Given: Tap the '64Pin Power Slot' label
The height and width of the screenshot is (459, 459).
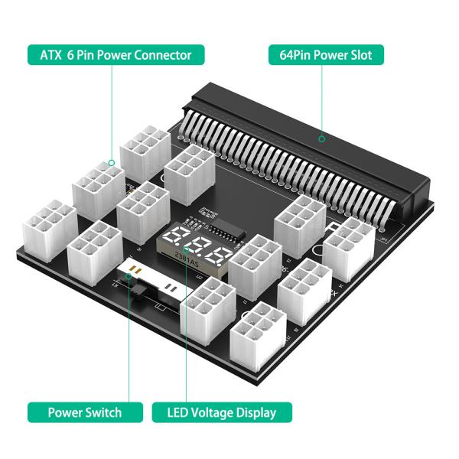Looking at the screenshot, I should click(x=326, y=55).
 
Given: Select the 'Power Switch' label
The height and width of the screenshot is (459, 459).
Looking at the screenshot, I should click(x=84, y=412).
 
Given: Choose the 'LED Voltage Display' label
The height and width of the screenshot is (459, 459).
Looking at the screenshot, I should click(x=222, y=412).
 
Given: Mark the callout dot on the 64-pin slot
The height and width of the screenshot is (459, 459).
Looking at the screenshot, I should click(x=322, y=138).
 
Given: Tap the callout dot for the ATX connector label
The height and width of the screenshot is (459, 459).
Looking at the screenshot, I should click(x=111, y=162).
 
